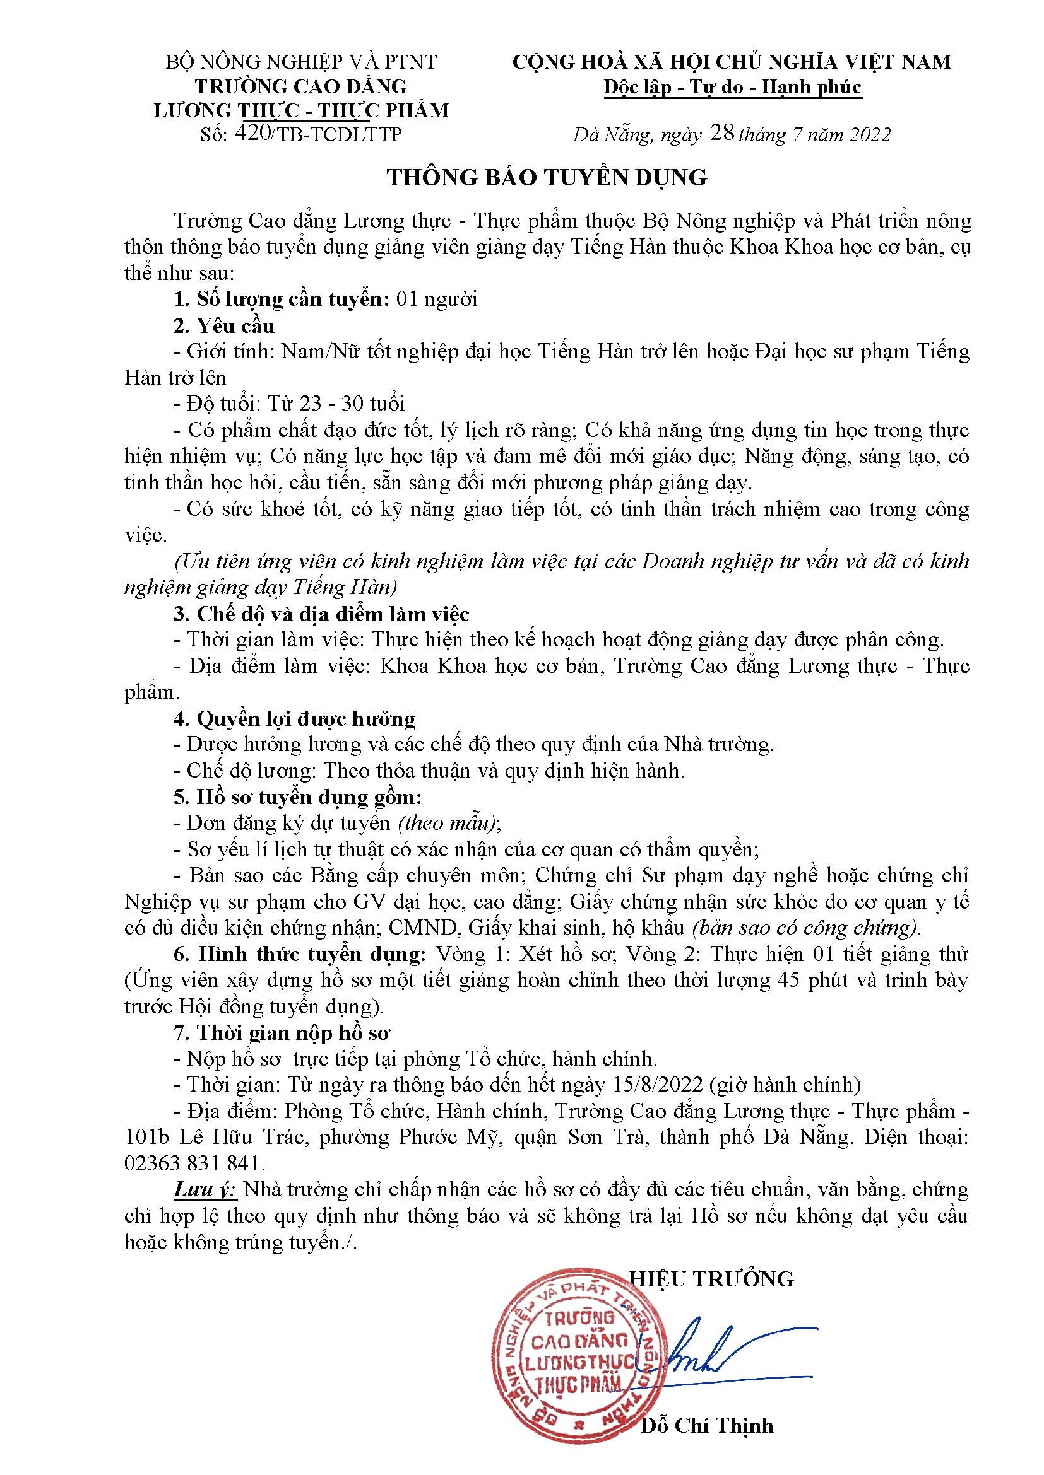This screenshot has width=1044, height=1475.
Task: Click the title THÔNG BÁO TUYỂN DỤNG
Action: coord(547,178)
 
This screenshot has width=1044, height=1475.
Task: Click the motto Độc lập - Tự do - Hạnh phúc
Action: coord(732,87)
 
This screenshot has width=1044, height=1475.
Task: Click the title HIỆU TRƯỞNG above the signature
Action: coord(711,1278)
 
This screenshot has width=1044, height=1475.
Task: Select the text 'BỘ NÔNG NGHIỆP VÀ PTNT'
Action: coord(302,62)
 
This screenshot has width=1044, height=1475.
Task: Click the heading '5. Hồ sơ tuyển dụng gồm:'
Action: coord(298,797)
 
